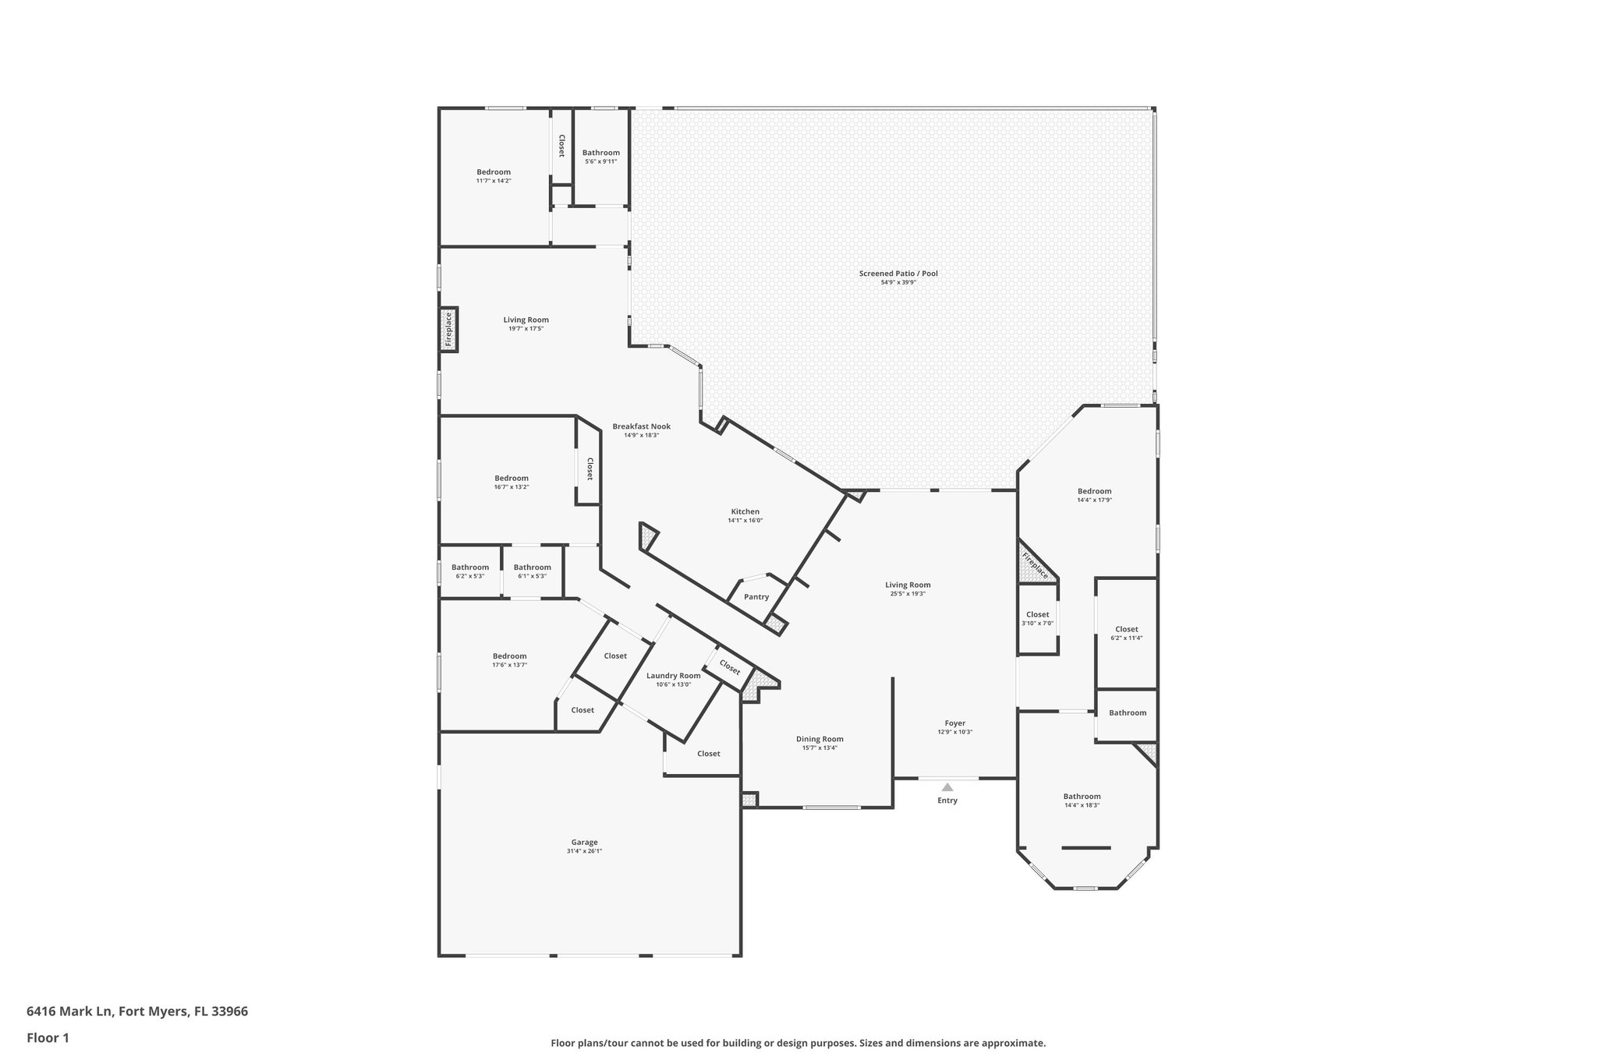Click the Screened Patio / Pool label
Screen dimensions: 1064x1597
pos(898,274)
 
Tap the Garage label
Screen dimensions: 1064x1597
pos(584,842)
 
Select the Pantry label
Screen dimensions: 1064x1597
pos(756,597)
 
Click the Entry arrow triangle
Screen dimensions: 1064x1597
pos(947,787)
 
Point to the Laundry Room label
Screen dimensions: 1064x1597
pos(673,676)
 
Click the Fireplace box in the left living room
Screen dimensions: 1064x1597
pos(448,329)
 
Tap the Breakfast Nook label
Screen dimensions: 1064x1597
pos(641,426)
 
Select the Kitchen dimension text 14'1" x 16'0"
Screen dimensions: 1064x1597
pos(745,521)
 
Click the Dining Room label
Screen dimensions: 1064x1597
pos(820,739)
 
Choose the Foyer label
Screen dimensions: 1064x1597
pos(954,723)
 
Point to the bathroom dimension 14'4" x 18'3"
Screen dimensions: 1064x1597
pos(1082,805)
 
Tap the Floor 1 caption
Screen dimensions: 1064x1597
pos(48,1038)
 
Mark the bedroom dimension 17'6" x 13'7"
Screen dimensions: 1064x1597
pos(509,665)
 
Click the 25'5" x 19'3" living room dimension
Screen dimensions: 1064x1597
pos(908,594)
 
